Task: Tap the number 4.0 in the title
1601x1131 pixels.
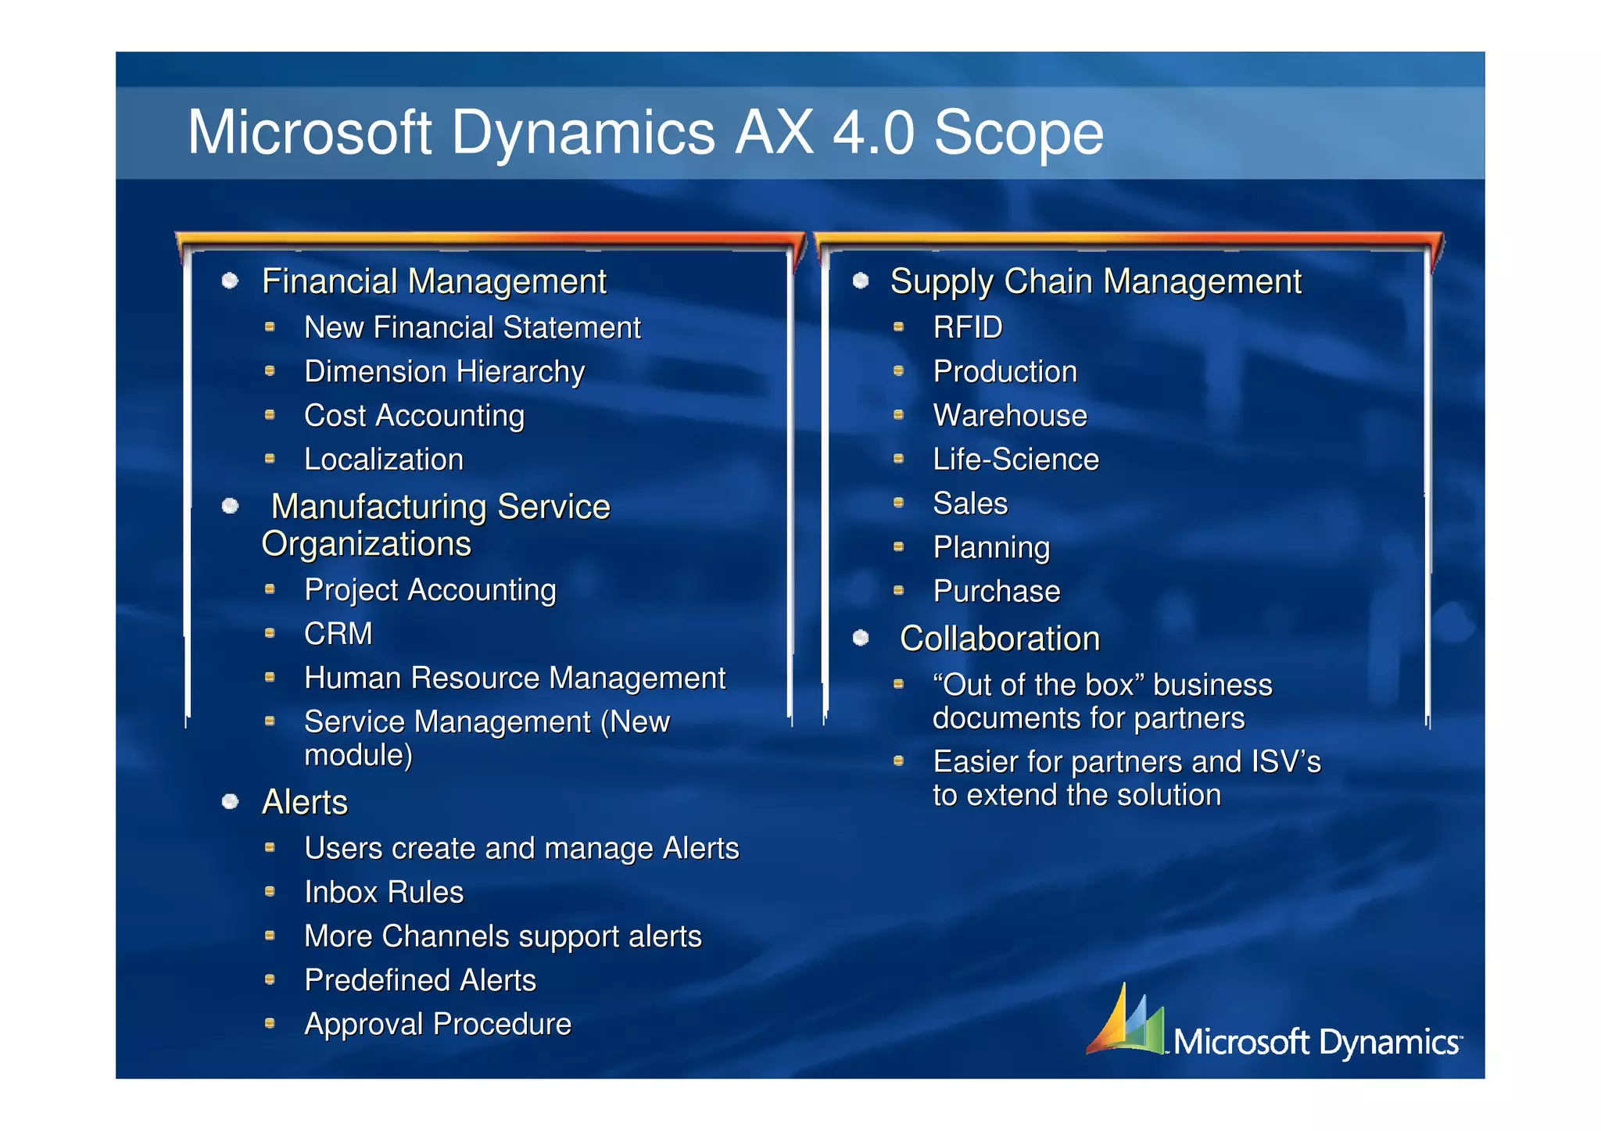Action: (x=872, y=133)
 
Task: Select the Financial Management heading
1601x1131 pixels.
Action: (x=434, y=281)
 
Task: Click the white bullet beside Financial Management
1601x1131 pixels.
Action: (x=230, y=281)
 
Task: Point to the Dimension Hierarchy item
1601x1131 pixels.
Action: (x=444, y=372)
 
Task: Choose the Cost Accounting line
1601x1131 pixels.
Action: (x=414, y=416)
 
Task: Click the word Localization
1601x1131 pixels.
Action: (x=384, y=460)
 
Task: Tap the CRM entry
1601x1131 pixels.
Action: (x=338, y=634)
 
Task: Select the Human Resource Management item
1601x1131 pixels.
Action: (x=514, y=678)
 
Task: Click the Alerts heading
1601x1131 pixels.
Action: (x=305, y=803)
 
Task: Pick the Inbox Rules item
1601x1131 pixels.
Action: (x=384, y=893)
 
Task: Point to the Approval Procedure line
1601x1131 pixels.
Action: (x=438, y=1024)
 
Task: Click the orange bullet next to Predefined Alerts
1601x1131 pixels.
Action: (x=270, y=979)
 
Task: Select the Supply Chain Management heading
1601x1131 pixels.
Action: (x=1095, y=281)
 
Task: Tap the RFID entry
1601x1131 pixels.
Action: (x=967, y=327)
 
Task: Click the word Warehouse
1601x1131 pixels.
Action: (x=1009, y=416)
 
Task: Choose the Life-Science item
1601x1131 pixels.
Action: (x=1015, y=460)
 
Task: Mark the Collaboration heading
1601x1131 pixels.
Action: (x=999, y=639)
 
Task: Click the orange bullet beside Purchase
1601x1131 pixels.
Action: (x=899, y=591)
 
